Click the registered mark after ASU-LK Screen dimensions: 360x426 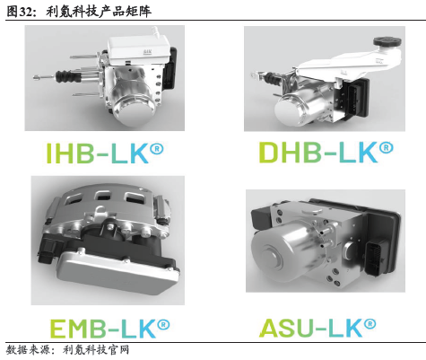pos(387,318)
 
